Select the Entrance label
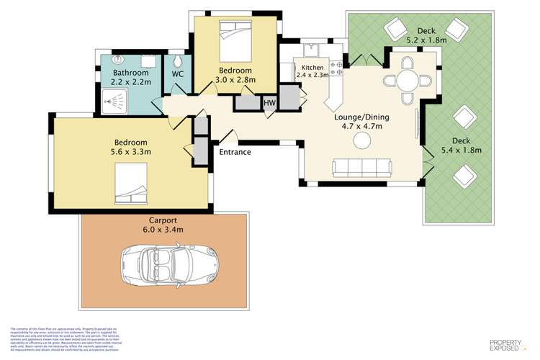(x=235, y=152)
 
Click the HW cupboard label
(x=269, y=103)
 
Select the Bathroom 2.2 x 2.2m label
(x=131, y=78)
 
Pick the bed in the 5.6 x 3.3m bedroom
(x=130, y=184)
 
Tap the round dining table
(x=408, y=81)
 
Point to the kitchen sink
(x=312, y=50)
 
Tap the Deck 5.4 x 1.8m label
(x=462, y=145)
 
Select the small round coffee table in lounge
(x=361, y=143)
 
